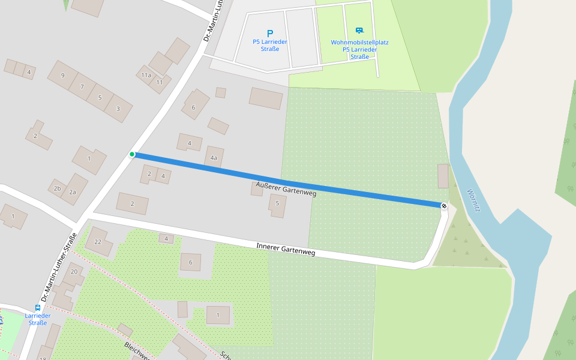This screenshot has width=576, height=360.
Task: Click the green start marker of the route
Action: click(x=132, y=154)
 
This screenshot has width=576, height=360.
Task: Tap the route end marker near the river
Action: click(x=444, y=206)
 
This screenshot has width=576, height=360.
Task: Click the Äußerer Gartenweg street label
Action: click(x=286, y=189)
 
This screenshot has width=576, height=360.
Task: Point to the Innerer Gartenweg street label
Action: click(x=286, y=249)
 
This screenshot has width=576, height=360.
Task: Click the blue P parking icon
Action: click(x=270, y=34)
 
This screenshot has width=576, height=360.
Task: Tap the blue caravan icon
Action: click(x=359, y=30)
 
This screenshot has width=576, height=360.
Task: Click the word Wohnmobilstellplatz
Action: click(x=359, y=43)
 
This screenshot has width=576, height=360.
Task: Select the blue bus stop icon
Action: click(x=38, y=307)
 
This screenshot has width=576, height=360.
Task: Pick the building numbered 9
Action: click(x=63, y=76)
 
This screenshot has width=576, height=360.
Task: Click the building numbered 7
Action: click(x=82, y=87)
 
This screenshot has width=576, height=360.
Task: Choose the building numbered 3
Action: click(x=118, y=109)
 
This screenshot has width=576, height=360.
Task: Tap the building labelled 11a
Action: click(x=146, y=75)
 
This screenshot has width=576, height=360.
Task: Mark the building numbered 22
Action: click(x=98, y=241)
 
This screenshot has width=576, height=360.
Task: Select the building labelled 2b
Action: click(x=57, y=188)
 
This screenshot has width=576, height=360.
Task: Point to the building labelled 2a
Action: click(x=73, y=192)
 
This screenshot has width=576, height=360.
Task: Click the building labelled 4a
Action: click(x=214, y=158)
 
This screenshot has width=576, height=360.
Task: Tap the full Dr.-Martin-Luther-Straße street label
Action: click(x=58, y=267)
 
